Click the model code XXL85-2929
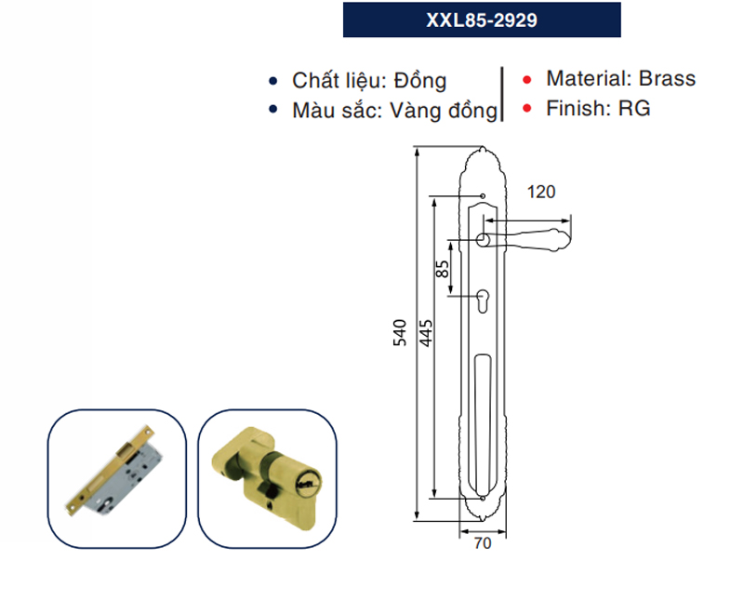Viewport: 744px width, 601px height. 481,20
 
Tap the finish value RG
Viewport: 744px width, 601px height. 635,108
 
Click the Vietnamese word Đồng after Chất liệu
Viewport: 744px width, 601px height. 418,81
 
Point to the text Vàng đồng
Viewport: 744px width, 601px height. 446,111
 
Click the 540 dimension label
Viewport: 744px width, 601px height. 401,333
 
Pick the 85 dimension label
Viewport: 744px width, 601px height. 443,270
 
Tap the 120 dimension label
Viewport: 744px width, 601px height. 540,192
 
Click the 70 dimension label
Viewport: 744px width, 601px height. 481,544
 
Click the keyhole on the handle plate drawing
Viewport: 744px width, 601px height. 484,300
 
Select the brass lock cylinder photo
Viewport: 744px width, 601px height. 267,475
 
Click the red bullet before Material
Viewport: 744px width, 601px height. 527,80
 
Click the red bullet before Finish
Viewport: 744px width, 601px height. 527,109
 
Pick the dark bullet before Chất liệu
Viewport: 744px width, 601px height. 272,81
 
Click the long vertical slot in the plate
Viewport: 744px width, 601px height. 483,419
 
